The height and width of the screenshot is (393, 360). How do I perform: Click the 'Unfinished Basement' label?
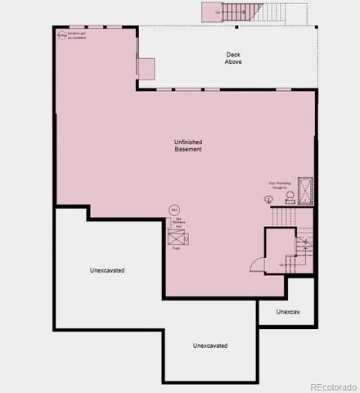pos(187,145)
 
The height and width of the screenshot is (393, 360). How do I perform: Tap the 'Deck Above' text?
pos(234,58)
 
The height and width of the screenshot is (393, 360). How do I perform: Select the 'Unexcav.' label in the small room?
pos(287,311)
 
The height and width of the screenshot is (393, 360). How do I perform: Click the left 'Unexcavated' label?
pos(107,269)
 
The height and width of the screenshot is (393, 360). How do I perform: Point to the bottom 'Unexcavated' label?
pos(210,346)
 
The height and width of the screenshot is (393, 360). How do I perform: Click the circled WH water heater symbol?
pos(173,210)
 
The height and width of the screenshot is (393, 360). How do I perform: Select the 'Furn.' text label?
pos(175,248)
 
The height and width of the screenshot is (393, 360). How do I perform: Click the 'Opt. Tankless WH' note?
pos(177,222)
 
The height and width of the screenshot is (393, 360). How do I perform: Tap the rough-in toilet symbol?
pos(289,196)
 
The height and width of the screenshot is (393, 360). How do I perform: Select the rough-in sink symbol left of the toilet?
pos(269,199)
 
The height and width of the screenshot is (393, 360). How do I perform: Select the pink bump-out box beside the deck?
pos(146,68)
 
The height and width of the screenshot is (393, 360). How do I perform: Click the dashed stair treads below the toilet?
pos(283,216)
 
